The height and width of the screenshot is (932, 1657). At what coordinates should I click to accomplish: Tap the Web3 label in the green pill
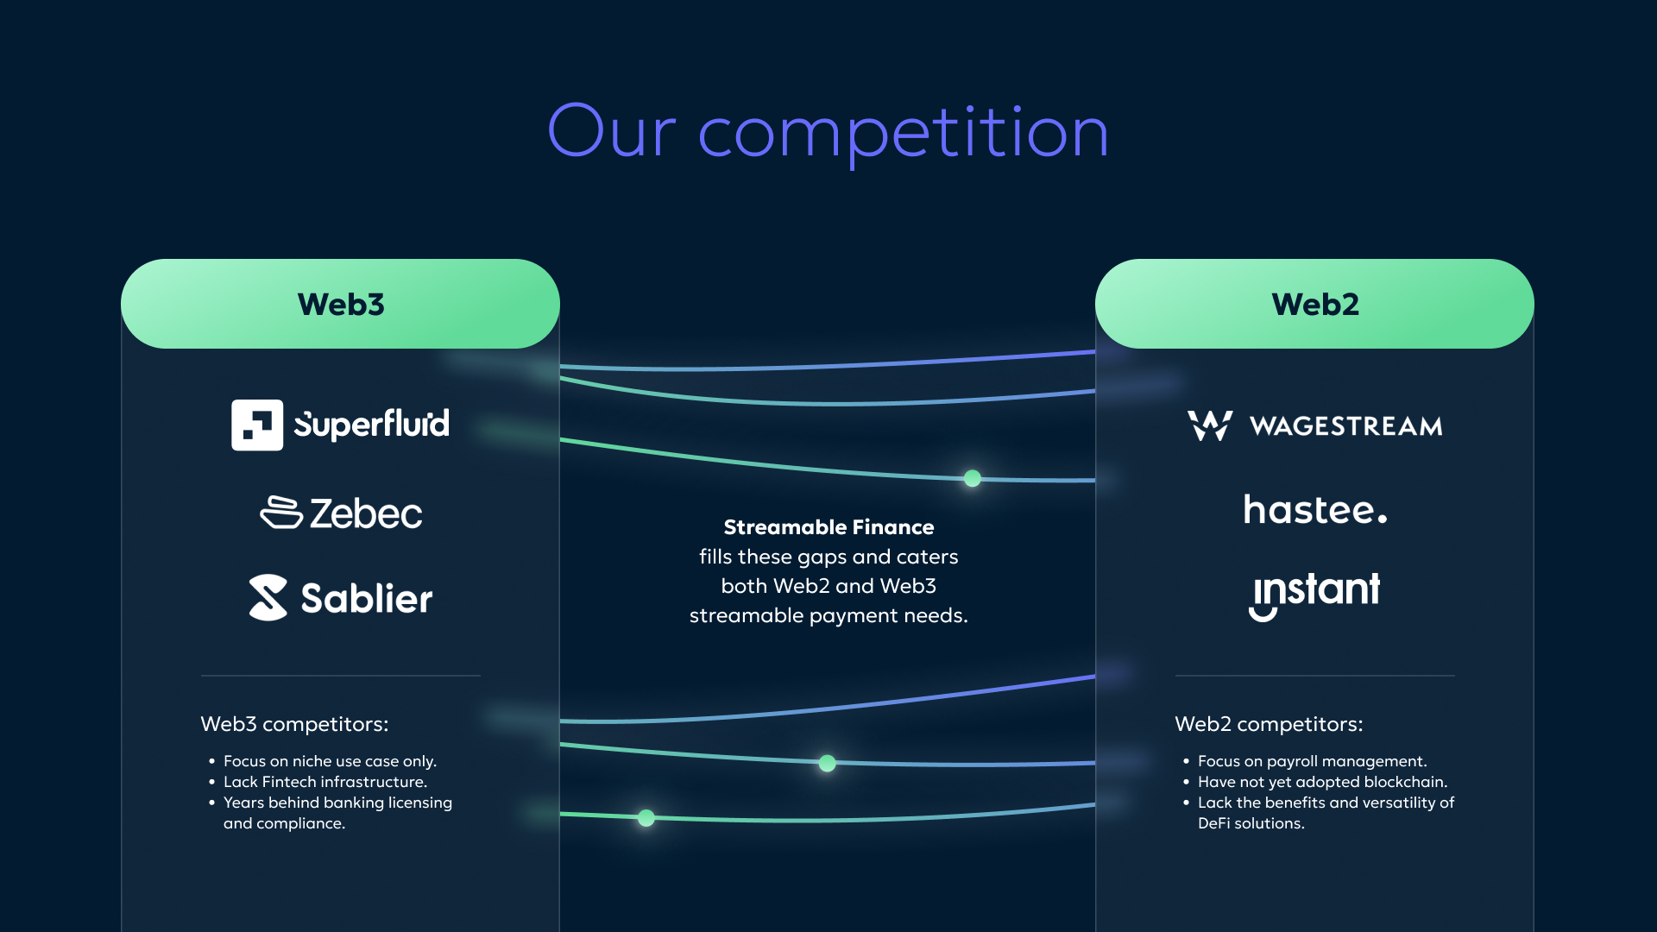coord(341,305)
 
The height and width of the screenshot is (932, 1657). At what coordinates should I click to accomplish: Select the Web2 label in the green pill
coord(1315,305)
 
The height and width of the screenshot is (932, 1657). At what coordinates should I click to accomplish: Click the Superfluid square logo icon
coord(257,425)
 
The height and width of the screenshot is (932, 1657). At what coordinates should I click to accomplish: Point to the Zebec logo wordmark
coord(366,513)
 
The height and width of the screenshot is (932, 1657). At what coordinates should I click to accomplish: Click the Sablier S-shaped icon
coord(268,597)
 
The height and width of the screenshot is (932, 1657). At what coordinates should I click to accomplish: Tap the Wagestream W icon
coord(1210,425)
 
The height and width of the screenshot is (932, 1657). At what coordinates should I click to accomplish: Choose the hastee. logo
coord(1315,509)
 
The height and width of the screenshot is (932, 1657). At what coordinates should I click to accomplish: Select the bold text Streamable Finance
coord(828,527)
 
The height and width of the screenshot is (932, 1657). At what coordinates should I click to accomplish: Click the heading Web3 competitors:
coord(294,724)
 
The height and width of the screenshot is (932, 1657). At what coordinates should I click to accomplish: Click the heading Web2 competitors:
coord(1269,724)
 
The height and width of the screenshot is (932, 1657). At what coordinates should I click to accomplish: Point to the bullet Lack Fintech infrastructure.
coord(325,782)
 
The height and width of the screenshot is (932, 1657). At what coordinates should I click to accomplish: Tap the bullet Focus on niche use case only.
coord(330,761)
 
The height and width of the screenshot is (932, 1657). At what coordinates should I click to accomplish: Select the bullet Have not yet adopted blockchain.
coord(1322,782)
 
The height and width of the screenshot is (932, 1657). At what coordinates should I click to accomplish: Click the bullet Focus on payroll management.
coord(1312,761)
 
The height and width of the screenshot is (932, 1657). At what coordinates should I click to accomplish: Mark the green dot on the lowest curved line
coord(646,818)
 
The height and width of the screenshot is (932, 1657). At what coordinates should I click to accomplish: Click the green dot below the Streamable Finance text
coord(827,763)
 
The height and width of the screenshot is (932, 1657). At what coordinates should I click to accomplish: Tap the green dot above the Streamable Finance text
coord(973,478)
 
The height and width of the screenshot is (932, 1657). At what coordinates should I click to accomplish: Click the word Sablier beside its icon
coord(366,598)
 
